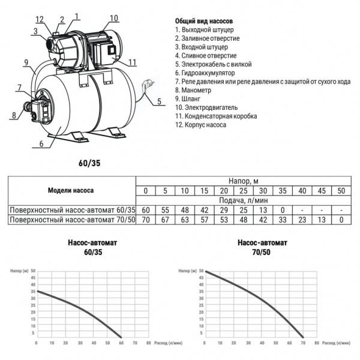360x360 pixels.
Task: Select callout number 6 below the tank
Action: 41,144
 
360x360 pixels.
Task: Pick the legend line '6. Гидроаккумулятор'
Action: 207,72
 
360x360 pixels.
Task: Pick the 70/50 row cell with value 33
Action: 282,220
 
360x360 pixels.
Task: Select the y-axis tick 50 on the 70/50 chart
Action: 200,271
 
